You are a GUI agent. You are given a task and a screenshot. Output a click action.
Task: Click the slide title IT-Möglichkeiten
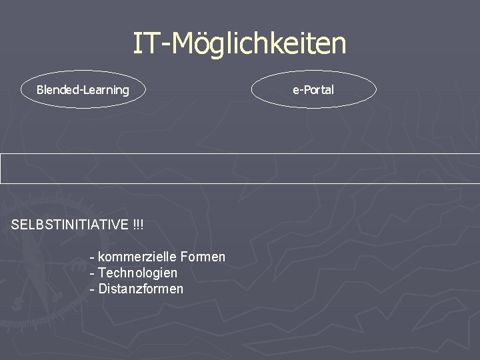coord(239,44)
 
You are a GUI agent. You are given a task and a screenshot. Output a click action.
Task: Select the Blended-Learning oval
coord(83,90)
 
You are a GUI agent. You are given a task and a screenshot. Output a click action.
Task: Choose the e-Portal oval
coord(313,90)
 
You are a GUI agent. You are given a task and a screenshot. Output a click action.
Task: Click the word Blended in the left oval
coord(57,90)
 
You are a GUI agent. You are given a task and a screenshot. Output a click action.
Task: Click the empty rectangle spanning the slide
coord(240,168)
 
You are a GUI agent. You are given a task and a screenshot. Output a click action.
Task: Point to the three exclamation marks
coord(138,225)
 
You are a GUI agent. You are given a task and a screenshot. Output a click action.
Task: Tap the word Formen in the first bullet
coord(203,257)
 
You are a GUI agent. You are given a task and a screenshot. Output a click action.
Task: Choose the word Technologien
coord(137,273)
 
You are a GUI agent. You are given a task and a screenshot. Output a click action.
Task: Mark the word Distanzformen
coord(140,289)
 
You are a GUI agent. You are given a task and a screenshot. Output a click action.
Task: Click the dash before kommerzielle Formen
coord(91,257)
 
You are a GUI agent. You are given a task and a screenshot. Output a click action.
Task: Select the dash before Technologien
coord(91,273)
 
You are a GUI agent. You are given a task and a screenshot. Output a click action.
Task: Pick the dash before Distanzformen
coord(91,289)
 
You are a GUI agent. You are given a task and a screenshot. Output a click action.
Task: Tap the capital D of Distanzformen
coord(102,289)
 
